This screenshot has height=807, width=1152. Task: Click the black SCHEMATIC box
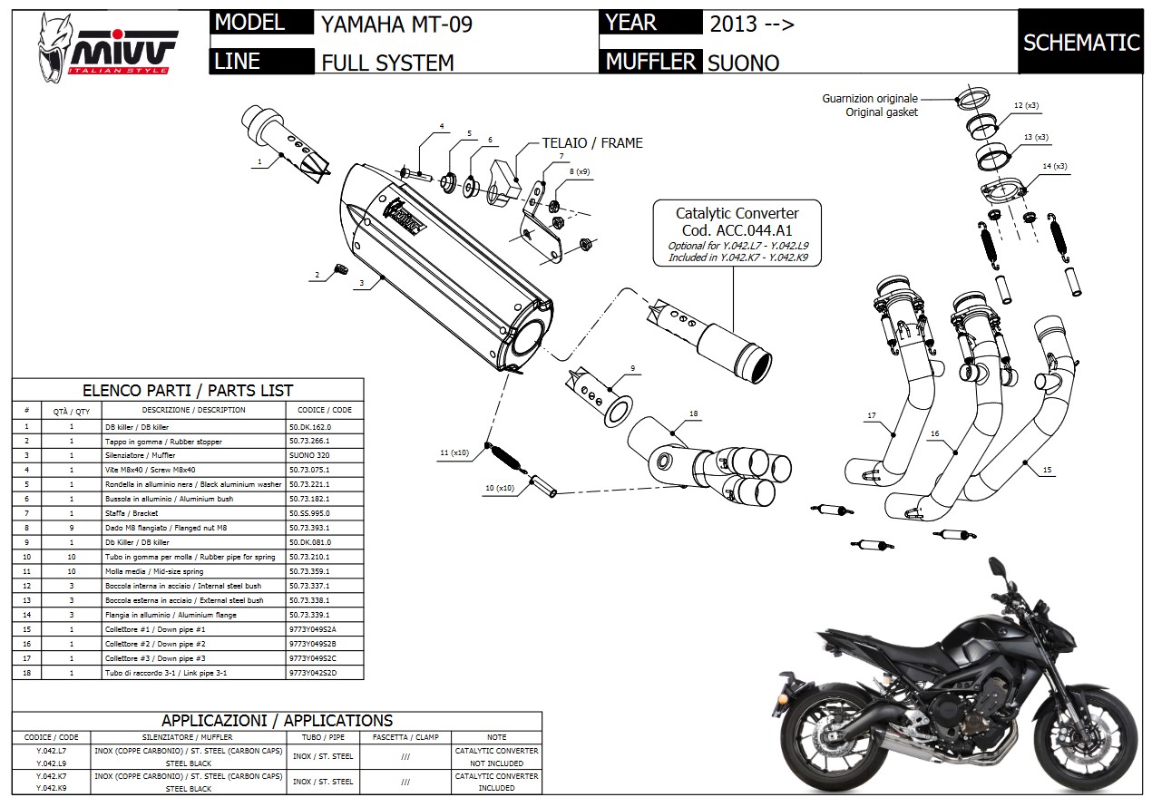1080,43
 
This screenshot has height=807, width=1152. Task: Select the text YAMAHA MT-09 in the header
396,24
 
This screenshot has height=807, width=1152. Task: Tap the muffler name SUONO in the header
743,63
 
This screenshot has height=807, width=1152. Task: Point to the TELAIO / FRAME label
591,142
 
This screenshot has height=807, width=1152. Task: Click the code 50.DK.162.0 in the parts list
309,426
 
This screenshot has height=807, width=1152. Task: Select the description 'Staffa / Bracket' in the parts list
154,513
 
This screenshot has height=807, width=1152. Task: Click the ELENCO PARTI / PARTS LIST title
188,391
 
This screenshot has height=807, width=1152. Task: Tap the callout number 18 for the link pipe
693,414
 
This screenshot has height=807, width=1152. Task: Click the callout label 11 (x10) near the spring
454,452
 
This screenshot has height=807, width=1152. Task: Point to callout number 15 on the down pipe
1048,471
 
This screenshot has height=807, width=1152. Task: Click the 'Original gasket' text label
882,112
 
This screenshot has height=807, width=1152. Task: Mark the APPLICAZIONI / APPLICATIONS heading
277,721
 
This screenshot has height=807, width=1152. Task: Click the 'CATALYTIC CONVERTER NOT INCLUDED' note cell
496,757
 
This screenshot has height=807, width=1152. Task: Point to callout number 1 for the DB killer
259,162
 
